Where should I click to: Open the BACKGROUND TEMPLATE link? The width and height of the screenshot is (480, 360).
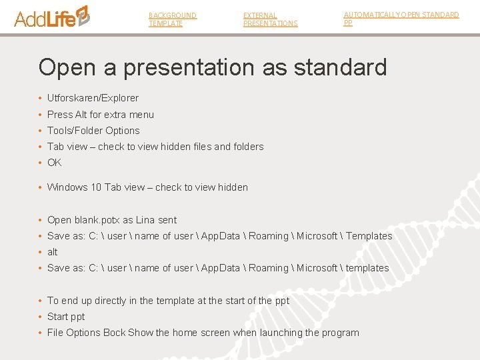(172, 19)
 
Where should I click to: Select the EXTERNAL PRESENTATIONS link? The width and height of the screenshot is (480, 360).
(270, 19)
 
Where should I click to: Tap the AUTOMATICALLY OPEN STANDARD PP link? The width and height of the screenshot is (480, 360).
(401, 18)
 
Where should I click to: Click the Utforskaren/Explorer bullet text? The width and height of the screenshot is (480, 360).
(93, 98)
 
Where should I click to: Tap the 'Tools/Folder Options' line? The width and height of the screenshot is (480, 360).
(93, 131)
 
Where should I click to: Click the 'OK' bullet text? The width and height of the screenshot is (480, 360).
(54, 163)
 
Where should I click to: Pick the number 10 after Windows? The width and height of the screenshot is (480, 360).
(96, 187)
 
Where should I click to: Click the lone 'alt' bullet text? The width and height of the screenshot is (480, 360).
(53, 252)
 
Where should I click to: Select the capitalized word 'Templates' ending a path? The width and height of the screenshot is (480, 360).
(369, 236)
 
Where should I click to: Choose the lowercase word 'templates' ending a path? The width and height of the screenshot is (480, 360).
(367, 268)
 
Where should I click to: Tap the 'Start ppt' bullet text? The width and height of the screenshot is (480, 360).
(66, 317)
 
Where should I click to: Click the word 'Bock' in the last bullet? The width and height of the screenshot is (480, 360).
(114, 333)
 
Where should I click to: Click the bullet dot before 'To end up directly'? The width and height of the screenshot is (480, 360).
(41, 301)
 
